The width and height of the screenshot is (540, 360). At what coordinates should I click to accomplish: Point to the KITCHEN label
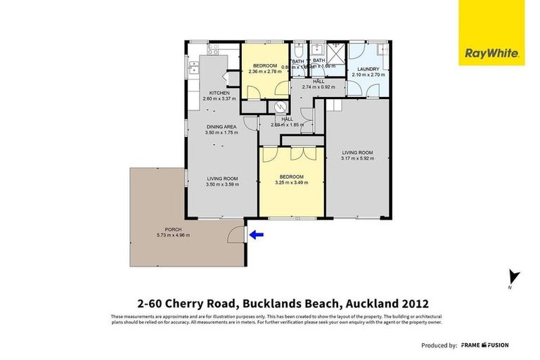point(219,94)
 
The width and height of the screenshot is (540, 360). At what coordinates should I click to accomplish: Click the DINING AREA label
point(221,127)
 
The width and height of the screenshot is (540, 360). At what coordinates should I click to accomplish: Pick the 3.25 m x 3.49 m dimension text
point(290,183)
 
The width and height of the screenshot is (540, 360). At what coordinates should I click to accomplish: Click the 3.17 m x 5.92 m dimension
point(357,158)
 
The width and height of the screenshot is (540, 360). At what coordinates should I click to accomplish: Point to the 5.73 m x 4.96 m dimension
point(173,235)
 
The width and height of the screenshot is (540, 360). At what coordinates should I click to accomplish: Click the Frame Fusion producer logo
point(484,345)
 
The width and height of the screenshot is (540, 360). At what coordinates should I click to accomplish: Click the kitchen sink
point(193,68)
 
